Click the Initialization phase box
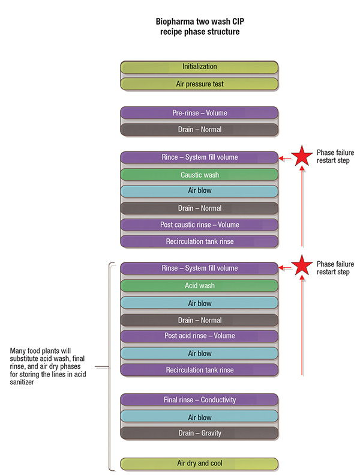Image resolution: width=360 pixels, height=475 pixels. pos(199,67)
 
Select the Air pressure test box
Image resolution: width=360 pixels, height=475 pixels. pos(199,84)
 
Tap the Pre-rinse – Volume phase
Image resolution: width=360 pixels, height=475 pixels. pos(199,113)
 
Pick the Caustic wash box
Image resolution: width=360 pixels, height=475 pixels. pos(199,175)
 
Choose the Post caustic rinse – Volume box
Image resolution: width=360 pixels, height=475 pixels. pos(199,225)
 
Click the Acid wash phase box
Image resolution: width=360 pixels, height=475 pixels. pos(199,286)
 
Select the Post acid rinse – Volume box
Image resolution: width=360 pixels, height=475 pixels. pos(199,336)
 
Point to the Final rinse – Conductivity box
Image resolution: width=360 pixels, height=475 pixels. pos(199,400)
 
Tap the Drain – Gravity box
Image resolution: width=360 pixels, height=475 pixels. pos(199,432)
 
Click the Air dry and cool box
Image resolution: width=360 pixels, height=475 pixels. pos(199,464)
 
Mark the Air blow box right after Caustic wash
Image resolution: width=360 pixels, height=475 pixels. pos(199,192)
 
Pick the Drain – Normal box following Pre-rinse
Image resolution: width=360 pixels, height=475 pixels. pos(199,130)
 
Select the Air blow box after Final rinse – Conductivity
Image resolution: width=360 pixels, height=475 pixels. pos(199,417)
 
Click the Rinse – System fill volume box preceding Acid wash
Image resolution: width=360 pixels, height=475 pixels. pos(199,268)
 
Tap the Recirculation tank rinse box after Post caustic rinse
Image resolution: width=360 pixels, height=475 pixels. pos(199,241)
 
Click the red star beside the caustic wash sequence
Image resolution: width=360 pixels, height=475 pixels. pos(302,157)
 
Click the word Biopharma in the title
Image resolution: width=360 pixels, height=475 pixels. pos(174,21)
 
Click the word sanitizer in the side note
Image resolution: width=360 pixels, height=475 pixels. pos(25,384)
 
